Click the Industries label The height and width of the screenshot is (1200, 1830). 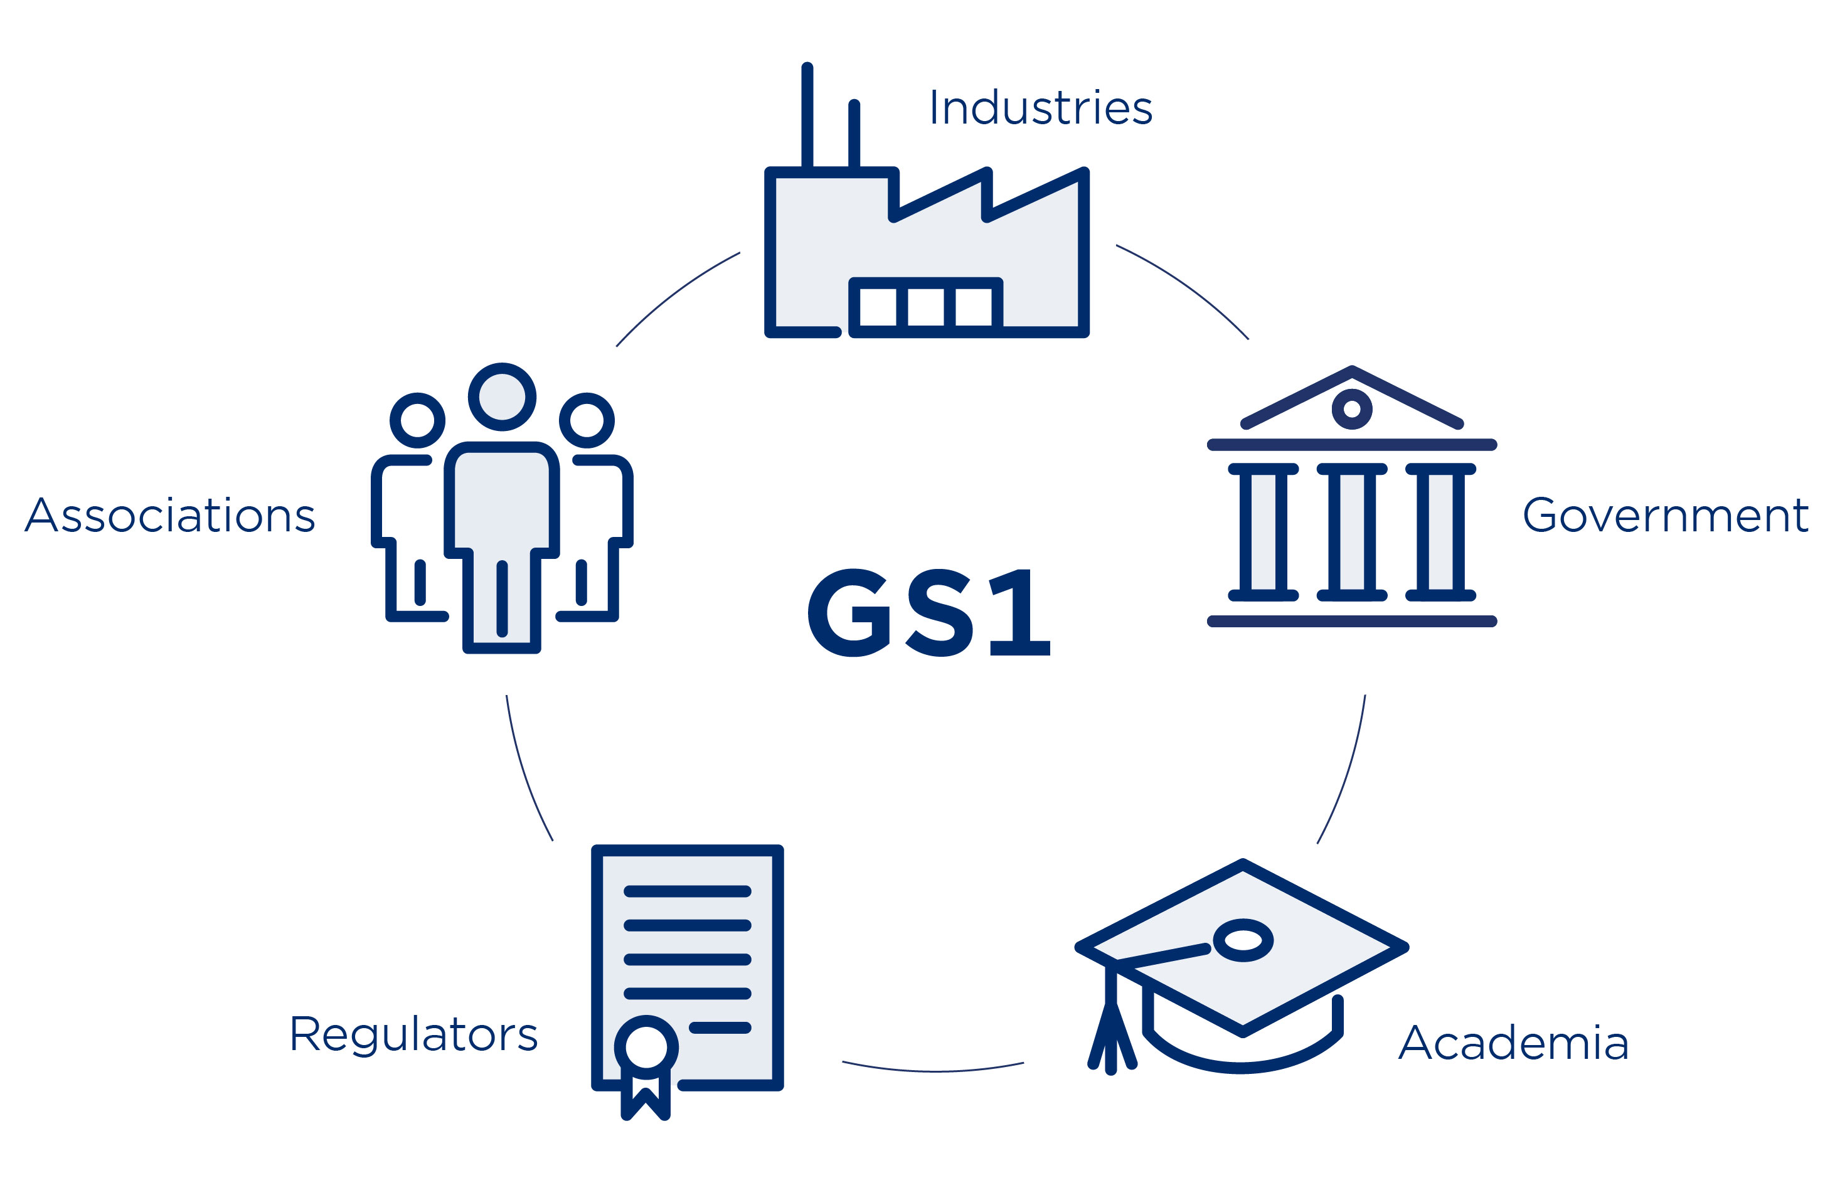point(1040,108)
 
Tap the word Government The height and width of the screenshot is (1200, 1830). point(1664,515)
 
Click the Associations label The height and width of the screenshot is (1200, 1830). point(170,515)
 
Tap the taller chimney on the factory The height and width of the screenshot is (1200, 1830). point(807,115)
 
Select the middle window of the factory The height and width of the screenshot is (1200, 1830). point(927,307)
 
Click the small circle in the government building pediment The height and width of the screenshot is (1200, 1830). point(1352,409)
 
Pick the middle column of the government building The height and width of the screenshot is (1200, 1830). point(1352,532)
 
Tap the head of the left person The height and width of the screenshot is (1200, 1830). point(418,420)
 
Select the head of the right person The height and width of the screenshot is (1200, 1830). point(587,420)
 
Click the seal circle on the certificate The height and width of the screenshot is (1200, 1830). point(646,1047)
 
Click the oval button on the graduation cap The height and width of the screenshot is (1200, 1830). point(1243,940)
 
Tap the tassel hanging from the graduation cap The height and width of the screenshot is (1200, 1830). point(1111,1030)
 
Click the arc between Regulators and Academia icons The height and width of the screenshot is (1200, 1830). point(933,1070)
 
